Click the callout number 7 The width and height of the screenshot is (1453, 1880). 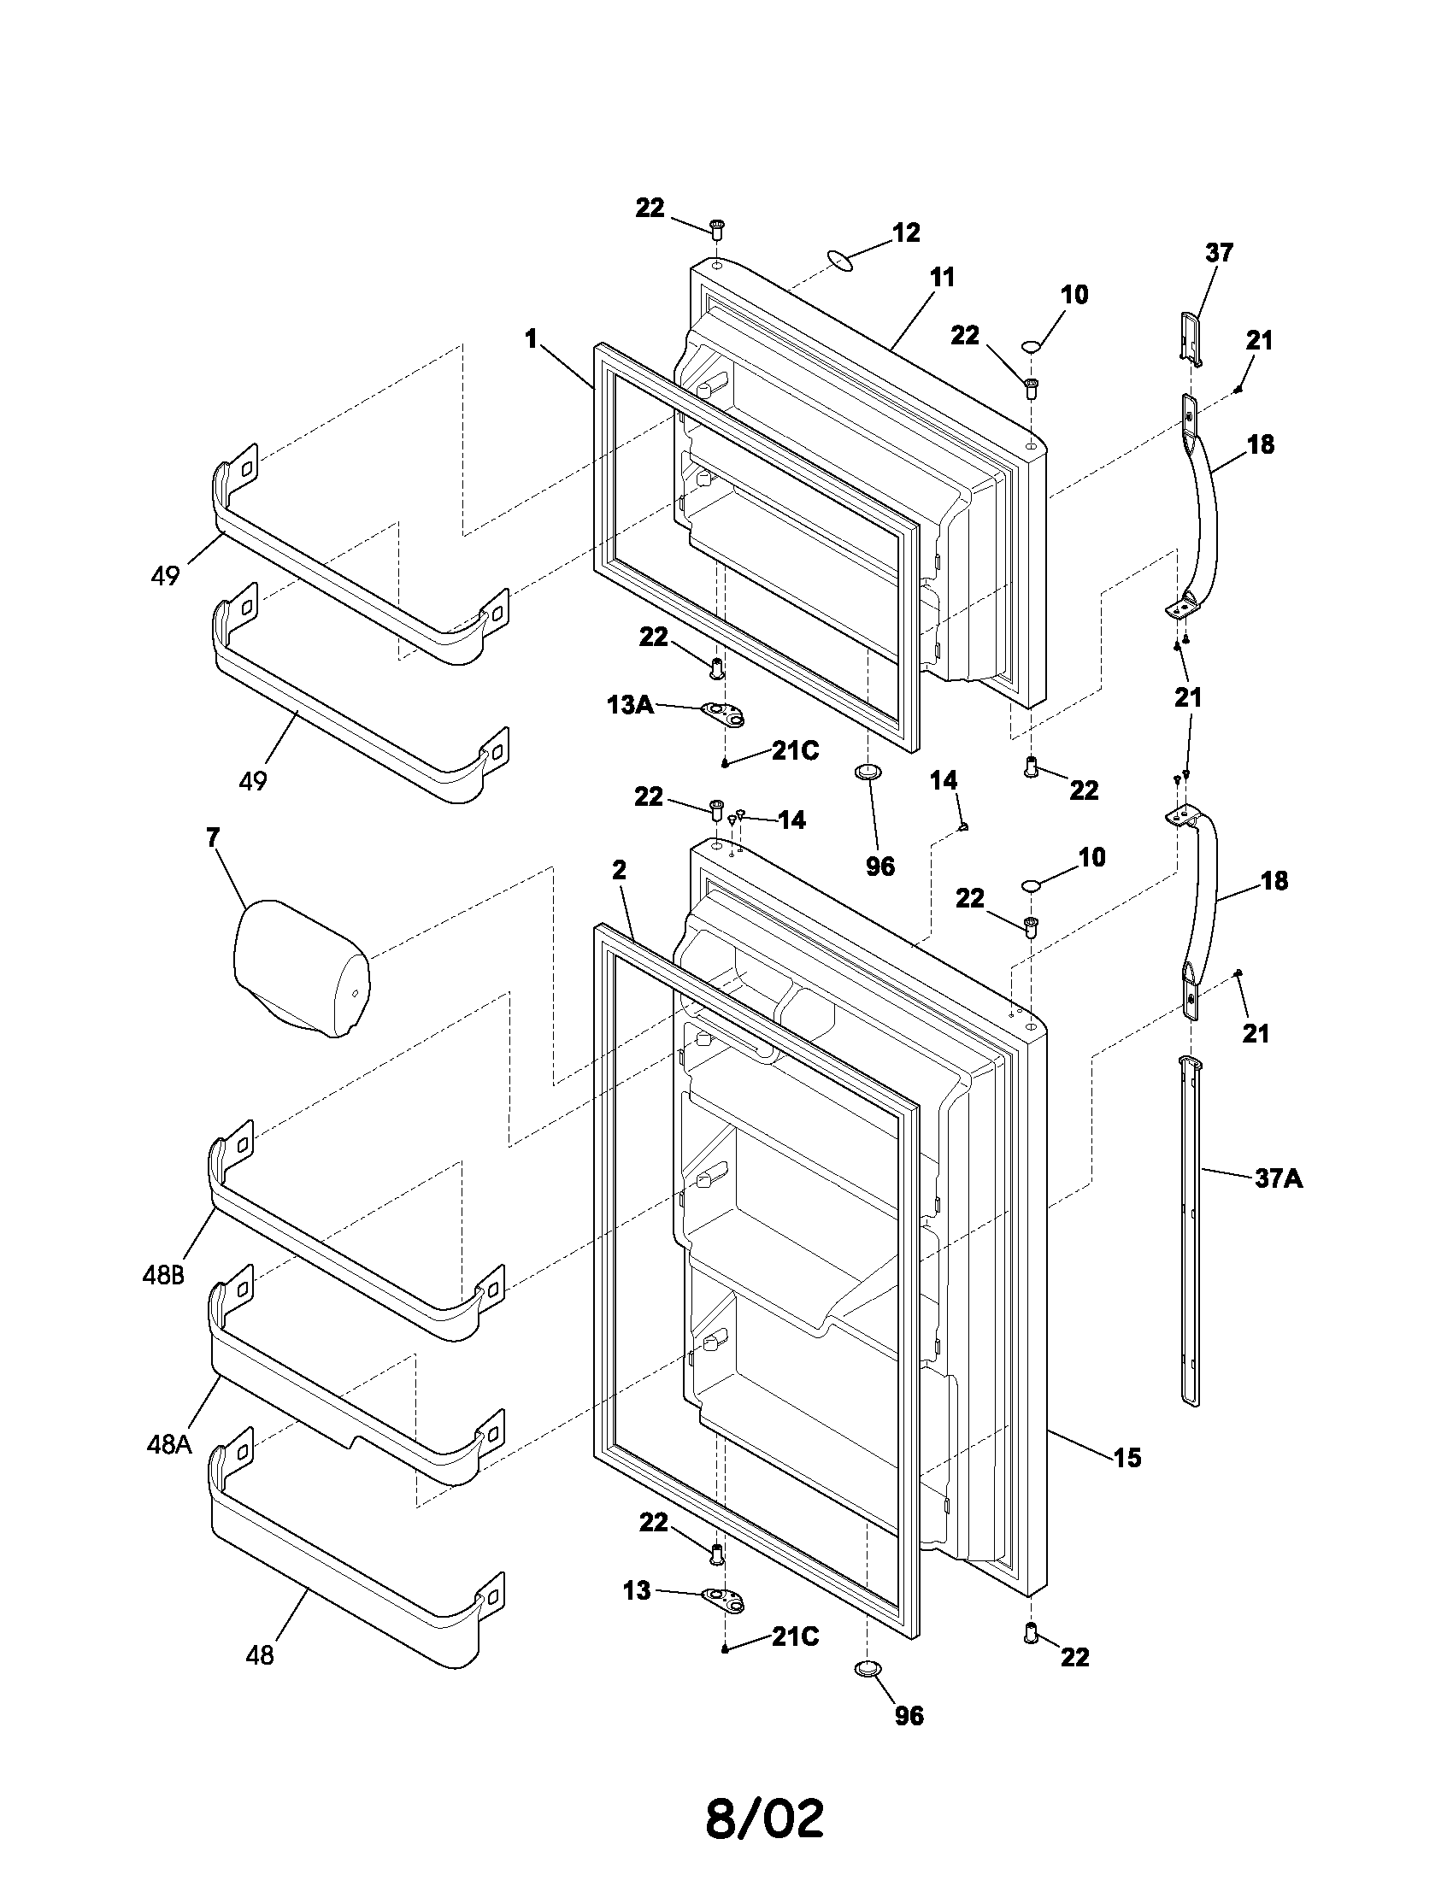[x=213, y=837]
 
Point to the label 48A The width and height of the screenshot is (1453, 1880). [x=168, y=1444]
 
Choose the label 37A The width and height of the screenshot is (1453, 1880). [x=1279, y=1178]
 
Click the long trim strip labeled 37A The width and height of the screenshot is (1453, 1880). [x=1190, y=1231]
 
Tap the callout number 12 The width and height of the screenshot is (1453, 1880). [x=905, y=232]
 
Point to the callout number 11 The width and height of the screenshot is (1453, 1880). [x=943, y=277]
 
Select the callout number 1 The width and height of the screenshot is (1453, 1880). [x=531, y=339]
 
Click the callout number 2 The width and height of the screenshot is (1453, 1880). [x=619, y=870]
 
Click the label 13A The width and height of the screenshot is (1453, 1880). [x=629, y=705]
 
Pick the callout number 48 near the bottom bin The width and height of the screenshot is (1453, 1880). [x=260, y=1654]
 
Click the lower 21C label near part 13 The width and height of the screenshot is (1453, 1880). [x=795, y=1636]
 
